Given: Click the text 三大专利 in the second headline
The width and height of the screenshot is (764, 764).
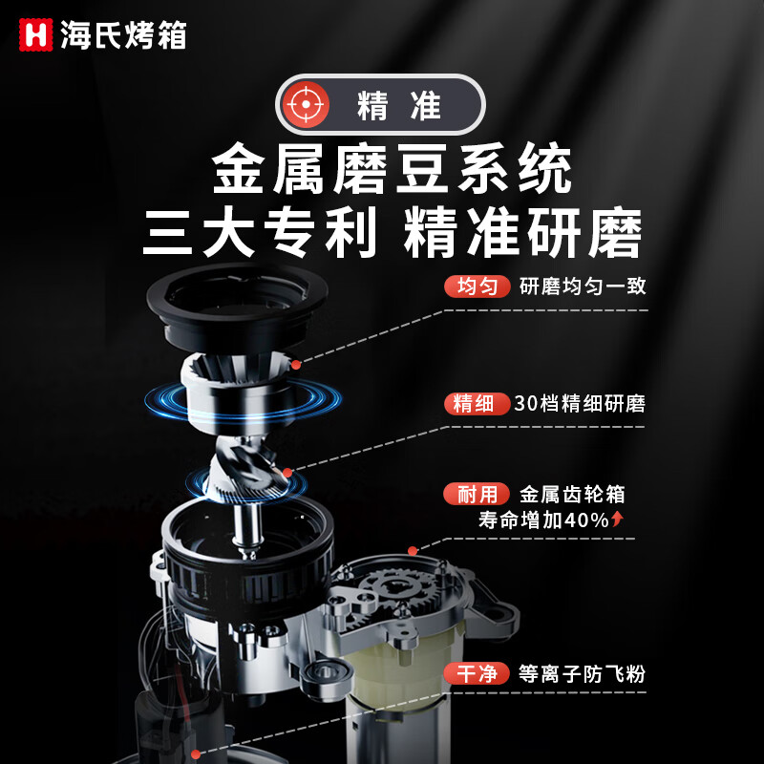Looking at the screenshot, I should [x=259, y=232].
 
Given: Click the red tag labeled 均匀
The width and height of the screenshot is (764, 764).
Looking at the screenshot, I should [x=477, y=286].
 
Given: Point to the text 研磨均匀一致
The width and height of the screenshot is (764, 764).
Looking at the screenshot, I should [x=583, y=286].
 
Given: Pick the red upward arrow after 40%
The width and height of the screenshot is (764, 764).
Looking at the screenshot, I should [x=618, y=520].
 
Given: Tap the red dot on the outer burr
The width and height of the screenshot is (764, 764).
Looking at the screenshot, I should [x=297, y=364].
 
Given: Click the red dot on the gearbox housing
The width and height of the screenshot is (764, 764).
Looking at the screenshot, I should [x=412, y=550].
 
